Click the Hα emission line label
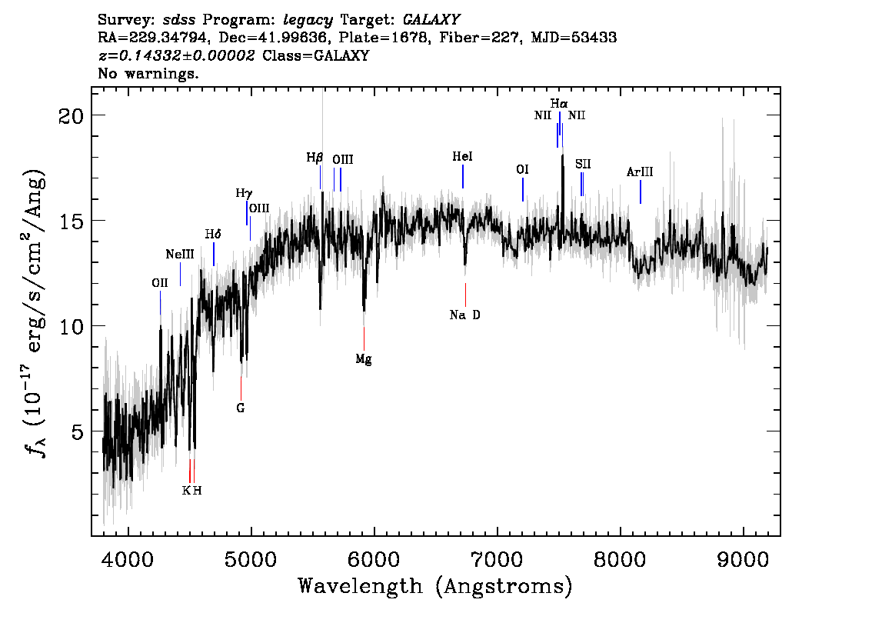coord(559,103)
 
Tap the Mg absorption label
coord(364,359)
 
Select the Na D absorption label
coord(465,315)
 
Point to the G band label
coord(241,408)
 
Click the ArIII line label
coord(640,172)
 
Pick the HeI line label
coord(462,157)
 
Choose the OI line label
coord(522,169)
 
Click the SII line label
coord(583,164)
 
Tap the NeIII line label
coord(180,255)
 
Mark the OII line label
coord(159,283)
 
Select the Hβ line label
coord(315,158)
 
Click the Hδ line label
coord(213,234)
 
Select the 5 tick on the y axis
coord(77,431)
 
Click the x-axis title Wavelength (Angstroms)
coord(435,587)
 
